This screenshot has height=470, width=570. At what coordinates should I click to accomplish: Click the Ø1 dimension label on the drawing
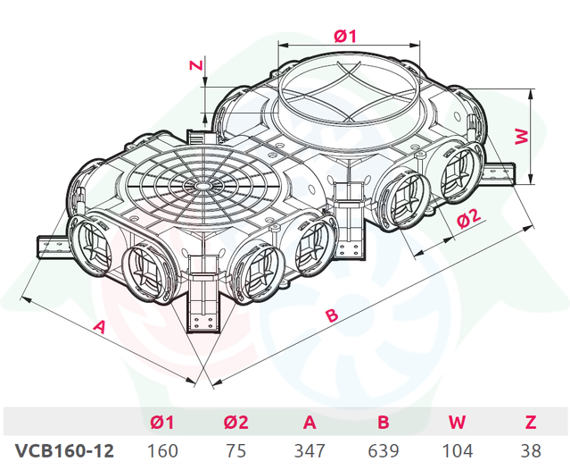(x=346, y=36)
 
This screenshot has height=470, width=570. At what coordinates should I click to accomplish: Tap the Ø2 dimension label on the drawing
(x=468, y=218)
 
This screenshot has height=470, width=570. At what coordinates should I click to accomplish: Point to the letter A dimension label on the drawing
(x=99, y=326)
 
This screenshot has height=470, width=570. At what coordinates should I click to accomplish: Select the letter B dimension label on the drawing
(x=332, y=315)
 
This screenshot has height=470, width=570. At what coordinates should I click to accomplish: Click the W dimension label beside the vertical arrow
(x=522, y=136)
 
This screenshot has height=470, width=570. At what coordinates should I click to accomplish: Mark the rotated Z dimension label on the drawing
(x=196, y=65)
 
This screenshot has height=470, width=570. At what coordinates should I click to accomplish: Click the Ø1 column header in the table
(x=162, y=423)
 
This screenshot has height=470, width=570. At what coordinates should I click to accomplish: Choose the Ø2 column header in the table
(x=235, y=423)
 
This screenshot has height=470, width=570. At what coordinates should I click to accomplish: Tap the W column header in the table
(x=457, y=423)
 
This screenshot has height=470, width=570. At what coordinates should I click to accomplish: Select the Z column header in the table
(x=531, y=423)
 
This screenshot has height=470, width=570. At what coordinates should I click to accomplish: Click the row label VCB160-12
(x=65, y=450)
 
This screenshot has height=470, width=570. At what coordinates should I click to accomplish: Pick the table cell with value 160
(x=162, y=450)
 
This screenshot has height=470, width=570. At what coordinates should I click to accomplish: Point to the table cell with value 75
(x=235, y=450)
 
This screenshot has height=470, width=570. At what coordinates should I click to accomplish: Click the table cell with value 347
(x=310, y=450)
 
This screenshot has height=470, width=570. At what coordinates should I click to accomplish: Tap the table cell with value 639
(x=384, y=450)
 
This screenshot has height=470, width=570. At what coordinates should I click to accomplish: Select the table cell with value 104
(x=457, y=450)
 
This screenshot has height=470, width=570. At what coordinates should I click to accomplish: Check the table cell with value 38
(x=531, y=450)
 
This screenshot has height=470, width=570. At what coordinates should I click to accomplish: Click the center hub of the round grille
(x=200, y=186)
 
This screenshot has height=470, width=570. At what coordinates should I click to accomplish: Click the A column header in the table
(x=310, y=423)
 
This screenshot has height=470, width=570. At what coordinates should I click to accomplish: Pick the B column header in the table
(x=384, y=423)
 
